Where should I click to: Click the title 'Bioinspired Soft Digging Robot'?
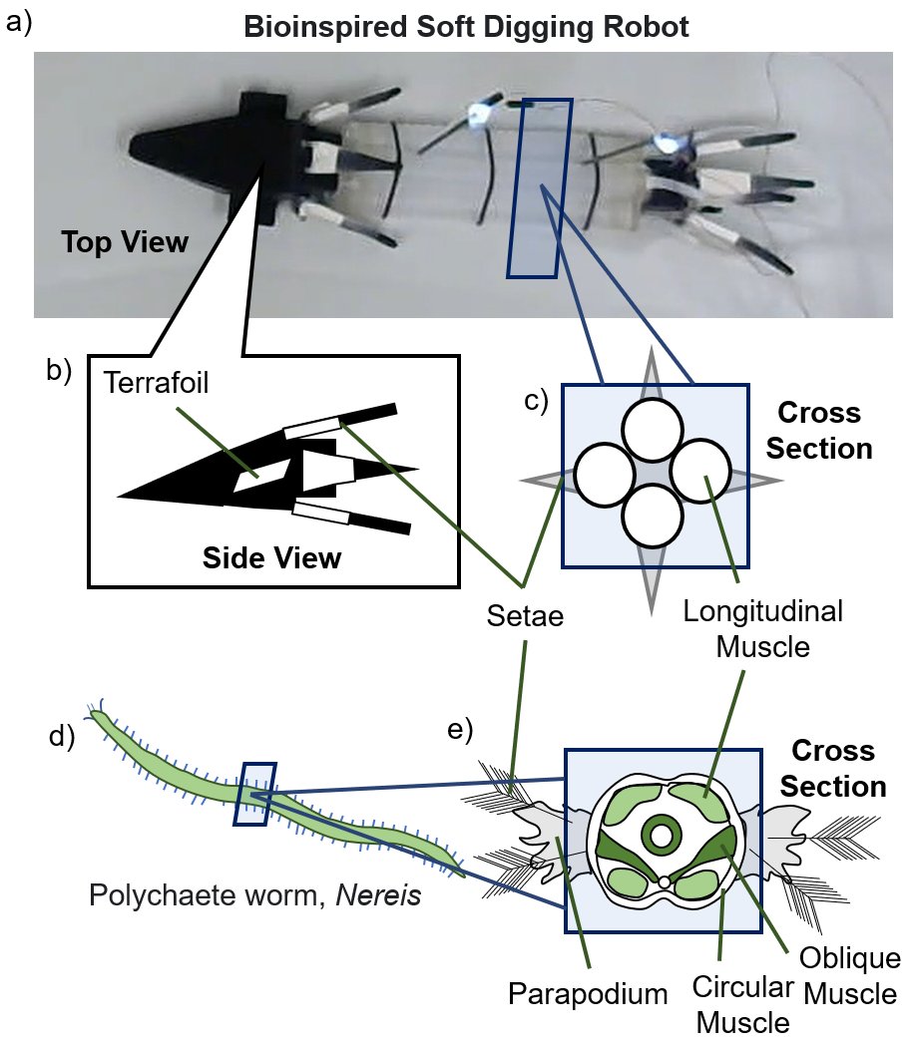pos(466,26)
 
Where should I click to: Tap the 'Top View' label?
pos(125,241)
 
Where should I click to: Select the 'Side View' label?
pos(271,557)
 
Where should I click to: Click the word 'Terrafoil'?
pos(156,384)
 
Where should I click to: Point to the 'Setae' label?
pos(525,617)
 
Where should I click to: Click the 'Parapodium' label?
pos(574,994)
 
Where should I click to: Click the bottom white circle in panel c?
pos(653,515)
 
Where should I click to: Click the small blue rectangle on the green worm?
pos(252,794)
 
